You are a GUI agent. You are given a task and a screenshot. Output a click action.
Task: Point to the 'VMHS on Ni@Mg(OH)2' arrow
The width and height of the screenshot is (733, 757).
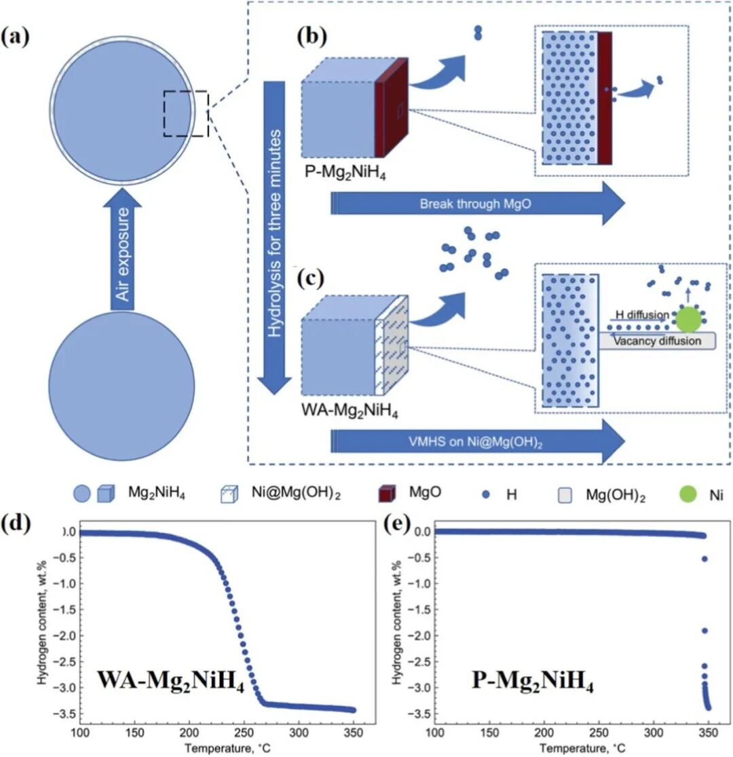[x=475, y=441]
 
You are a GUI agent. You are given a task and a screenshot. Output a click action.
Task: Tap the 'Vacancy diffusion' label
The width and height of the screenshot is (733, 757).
[x=656, y=341]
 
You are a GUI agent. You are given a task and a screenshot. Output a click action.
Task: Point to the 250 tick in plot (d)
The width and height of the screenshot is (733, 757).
[x=243, y=733]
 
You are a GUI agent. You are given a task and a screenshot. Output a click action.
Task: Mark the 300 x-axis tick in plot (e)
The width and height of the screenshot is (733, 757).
[x=652, y=733]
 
